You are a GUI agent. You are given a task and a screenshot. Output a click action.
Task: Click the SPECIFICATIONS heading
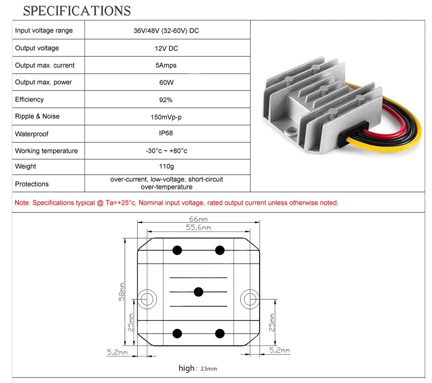tap(77, 11)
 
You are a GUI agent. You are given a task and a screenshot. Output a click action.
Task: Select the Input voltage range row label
tap(44, 30)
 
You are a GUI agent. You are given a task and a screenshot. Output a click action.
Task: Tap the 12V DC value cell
tap(166, 48)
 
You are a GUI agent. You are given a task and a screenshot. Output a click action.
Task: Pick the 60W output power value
tap(166, 82)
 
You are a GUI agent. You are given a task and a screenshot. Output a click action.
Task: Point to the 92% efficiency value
tap(166, 100)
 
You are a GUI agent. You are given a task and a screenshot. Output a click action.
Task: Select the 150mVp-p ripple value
tap(166, 117)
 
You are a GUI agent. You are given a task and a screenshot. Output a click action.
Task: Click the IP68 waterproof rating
tap(166, 133)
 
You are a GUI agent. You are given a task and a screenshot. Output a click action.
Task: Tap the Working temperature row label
tap(46, 151)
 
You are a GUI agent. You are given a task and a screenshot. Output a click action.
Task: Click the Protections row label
tap(32, 184)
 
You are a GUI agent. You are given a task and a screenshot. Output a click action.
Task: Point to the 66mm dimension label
tap(198, 219)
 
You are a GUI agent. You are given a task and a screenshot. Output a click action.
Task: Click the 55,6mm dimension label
tap(198, 227)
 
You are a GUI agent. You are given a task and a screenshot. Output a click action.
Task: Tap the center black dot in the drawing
tap(198, 292)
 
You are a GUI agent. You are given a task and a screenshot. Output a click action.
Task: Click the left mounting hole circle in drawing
tap(147, 299)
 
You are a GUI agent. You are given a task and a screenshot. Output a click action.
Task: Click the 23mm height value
tap(209, 369)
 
